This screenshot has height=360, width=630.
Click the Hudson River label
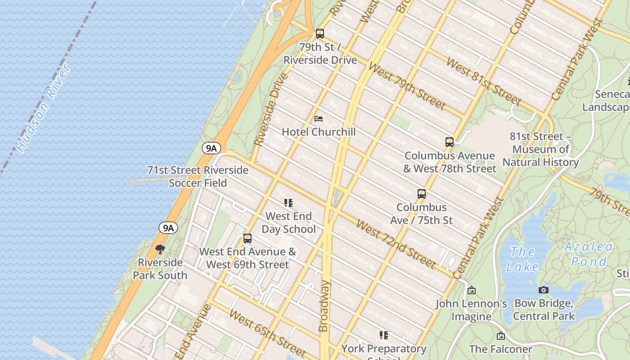(x=43, y=108)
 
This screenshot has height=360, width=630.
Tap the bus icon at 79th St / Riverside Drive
(x=320, y=34)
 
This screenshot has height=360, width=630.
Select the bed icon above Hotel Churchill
(x=319, y=119)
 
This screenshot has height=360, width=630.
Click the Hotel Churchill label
(x=319, y=132)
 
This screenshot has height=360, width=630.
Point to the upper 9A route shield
(x=211, y=148)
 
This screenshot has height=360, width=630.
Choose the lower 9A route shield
(x=168, y=228)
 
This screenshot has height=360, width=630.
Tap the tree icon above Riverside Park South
(x=160, y=249)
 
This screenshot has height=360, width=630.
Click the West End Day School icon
(x=288, y=203)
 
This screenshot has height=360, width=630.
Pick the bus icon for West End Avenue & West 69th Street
(x=247, y=238)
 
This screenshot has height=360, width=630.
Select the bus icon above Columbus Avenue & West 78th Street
(x=449, y=142)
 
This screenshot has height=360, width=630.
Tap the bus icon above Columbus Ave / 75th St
(x=421, y=194)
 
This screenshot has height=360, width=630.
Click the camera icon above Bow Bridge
(x=544, y=290)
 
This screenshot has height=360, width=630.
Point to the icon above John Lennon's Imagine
(x=471, y=291)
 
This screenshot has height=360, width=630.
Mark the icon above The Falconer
(x=500, y=336)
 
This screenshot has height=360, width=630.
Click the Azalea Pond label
(x=589, y=254)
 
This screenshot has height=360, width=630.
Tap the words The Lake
(x=522, y=259)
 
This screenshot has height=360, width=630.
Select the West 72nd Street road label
(x=396, y=243)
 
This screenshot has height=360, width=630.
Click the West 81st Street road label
(x=484, y=81)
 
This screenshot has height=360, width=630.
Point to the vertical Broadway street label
(x=324, y=306)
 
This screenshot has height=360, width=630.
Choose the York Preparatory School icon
(x=383, y=335)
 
